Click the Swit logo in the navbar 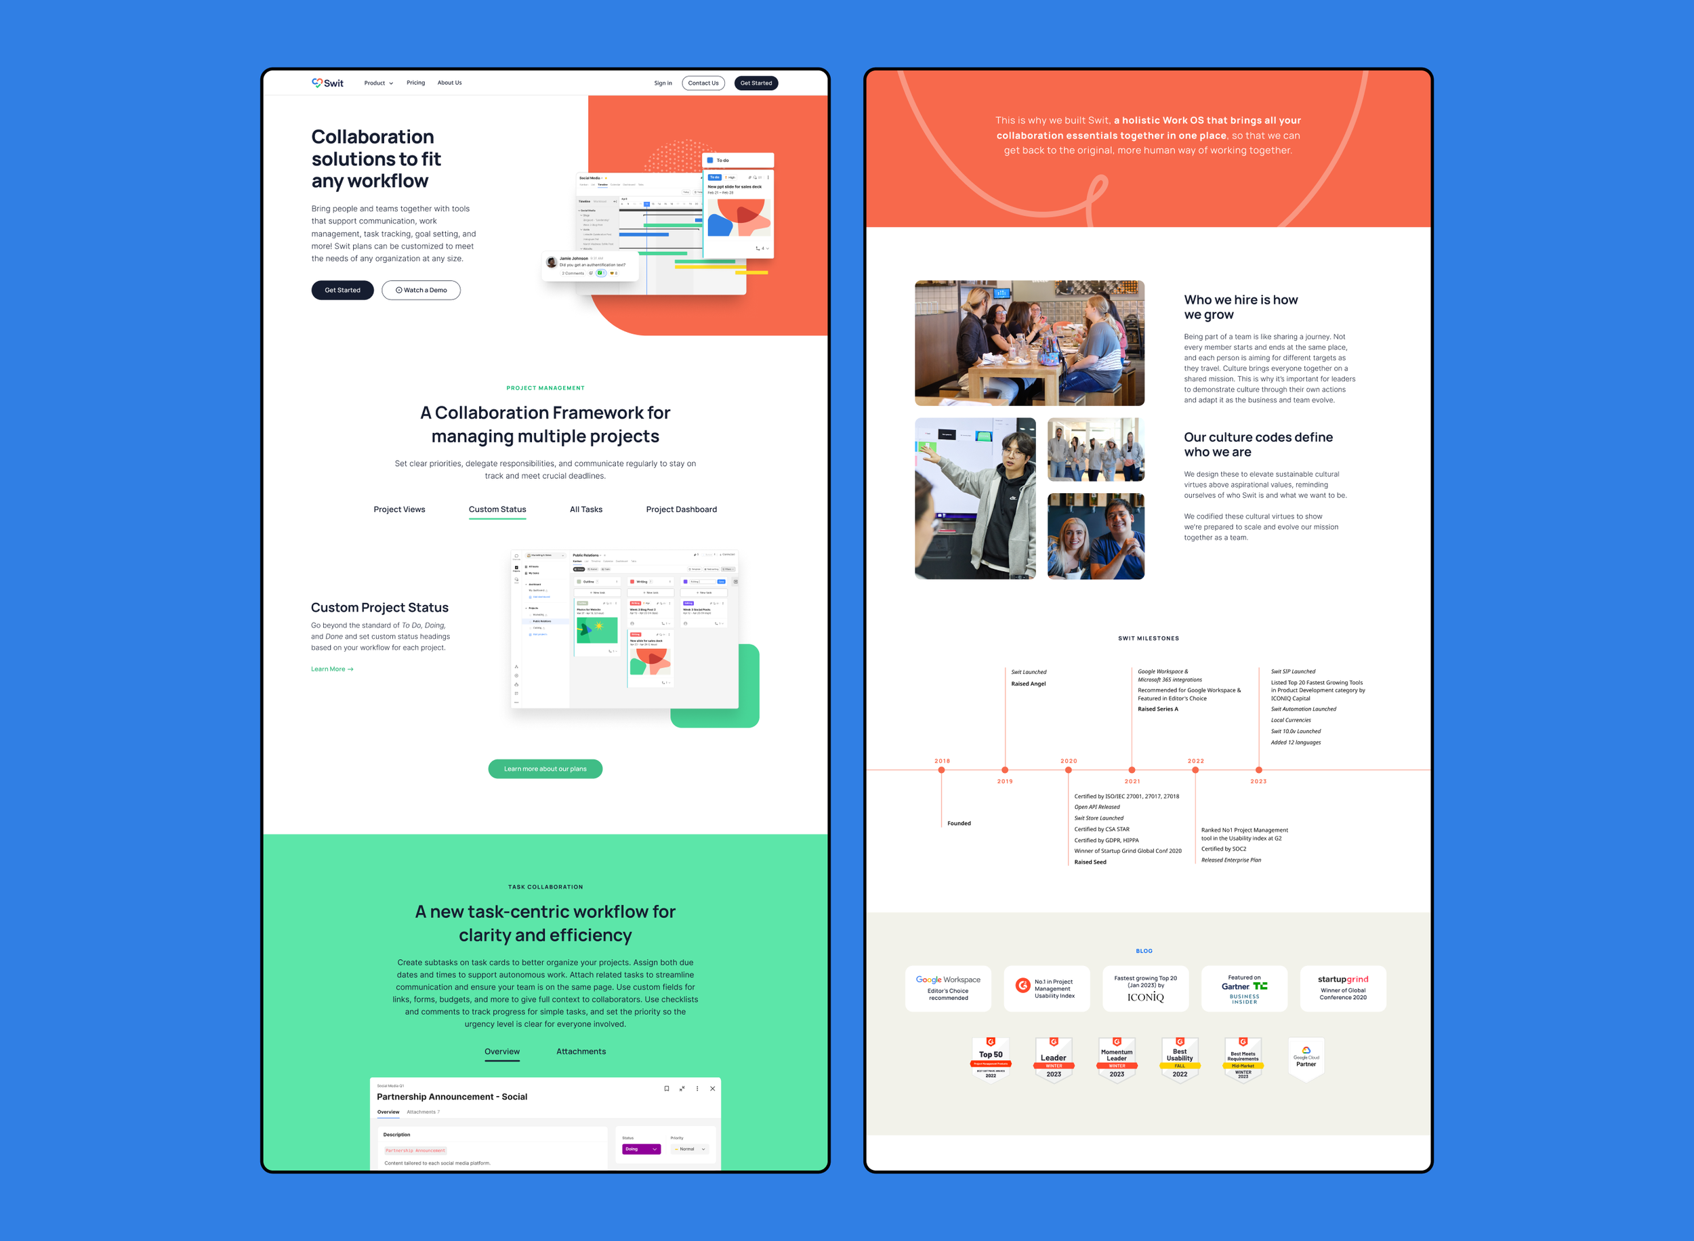tap(327, 83)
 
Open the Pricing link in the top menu tap(415, 83)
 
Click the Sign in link tap(663, 83)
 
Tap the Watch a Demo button tap(421, 290)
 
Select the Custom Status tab tap(497, 509)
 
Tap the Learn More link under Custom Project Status tap(331, 669)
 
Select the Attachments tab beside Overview tap(581, 1052)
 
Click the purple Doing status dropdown tap(641, 1149)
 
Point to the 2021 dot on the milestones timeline tap(1132, 770)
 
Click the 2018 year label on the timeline tap(942, 761)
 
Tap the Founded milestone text tap(959, 823)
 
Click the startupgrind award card tap(1342, 988)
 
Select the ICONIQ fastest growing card tap(1145, 988)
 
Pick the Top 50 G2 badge tap(991, 1057)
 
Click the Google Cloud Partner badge tap(1306, 1057)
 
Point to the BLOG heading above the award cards tap(1143, 951)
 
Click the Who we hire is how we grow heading tap(1240, 308)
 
